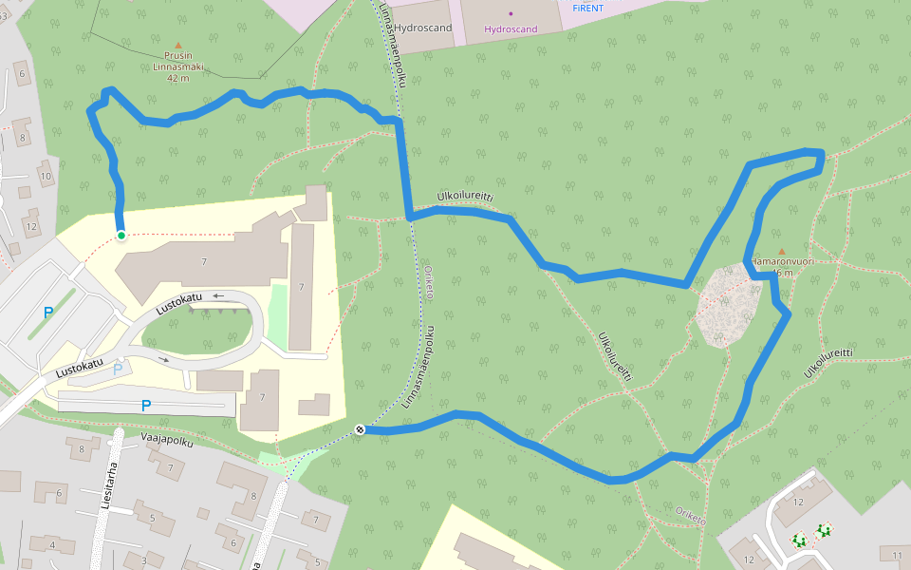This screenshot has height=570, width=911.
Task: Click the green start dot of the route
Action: [121, 235]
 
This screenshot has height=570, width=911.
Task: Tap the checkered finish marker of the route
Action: [361, 430]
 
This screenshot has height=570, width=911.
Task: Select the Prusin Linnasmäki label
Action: [177, 61]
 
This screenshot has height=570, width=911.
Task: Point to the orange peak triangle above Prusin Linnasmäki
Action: [177, 44]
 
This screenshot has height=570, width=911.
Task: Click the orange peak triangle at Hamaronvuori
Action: [782, 252]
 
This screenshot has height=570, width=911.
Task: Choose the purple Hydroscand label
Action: [511, 29]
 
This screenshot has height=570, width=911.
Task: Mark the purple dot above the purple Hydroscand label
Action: [511, 13]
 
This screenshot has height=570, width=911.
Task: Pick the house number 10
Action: [45, 176]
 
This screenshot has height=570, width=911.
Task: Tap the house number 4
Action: [52, 545]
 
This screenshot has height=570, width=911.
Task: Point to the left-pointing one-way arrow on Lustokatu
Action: [217, 296]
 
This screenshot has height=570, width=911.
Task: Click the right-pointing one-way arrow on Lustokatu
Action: [162, 360]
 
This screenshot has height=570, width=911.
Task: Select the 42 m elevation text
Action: [177, 79]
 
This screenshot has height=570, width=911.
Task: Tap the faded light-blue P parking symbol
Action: [119, 369]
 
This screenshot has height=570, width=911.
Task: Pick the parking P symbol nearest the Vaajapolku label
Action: [145, 406]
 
